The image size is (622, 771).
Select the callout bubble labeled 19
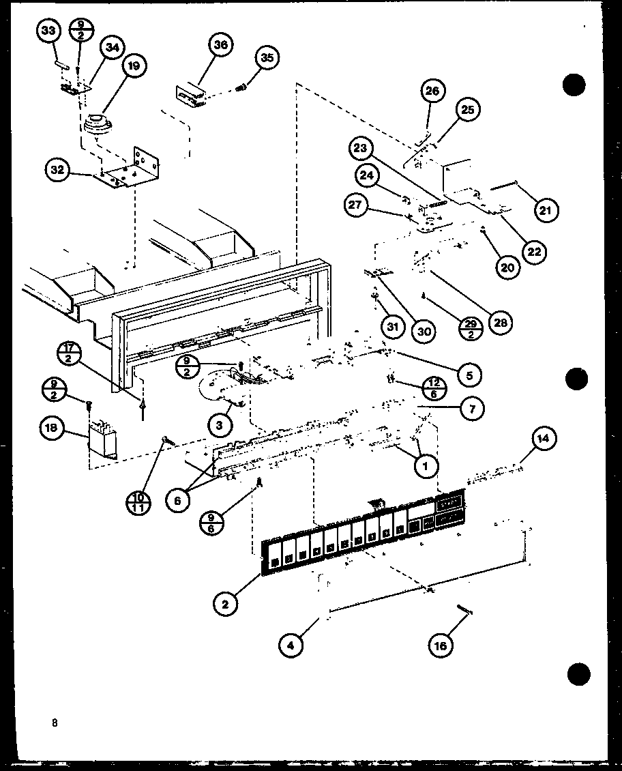coord(133,66)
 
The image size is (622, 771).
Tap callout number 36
coord(220,44)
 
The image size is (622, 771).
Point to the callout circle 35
coord(267,58)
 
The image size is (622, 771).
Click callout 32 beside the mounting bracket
coord(58,170)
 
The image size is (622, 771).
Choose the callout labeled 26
coord(433,91)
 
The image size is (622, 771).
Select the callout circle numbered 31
coord(392,328)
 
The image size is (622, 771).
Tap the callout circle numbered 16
coord(441,644)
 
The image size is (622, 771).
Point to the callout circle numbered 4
coord(291,645)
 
